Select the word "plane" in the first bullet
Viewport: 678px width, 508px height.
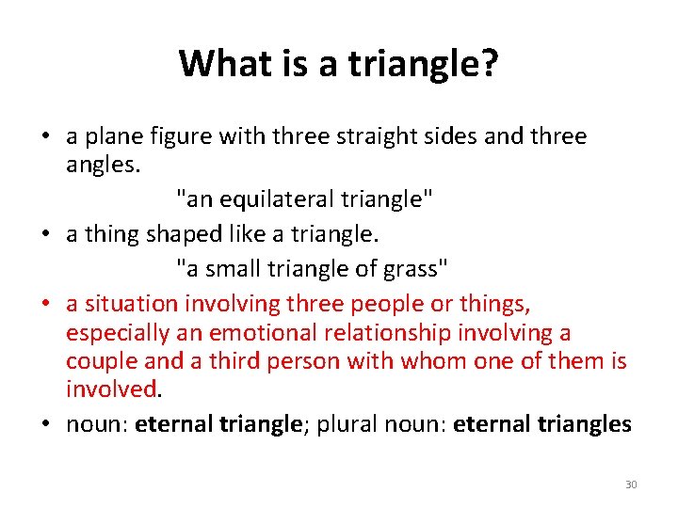click(x=113, y=137)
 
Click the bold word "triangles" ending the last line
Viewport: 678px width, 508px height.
click(x=584, y=424)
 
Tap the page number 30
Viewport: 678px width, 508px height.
click(x=631, y=484)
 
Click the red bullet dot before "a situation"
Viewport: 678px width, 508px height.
click(x=46, y=305)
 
